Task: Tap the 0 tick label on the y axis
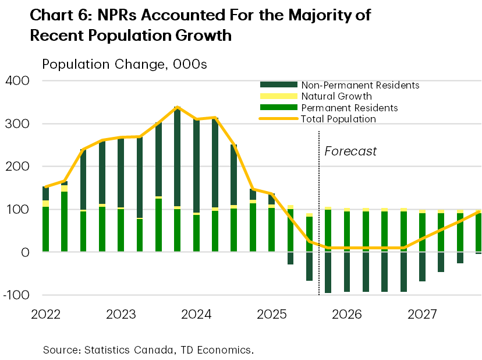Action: click(x=25, y=252)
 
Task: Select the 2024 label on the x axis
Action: click(x=196, y=315)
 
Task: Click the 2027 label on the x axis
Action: click(x=422, y=315)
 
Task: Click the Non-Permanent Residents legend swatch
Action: click(x=278, y=85)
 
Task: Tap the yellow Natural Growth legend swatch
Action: click(x=278, y=96)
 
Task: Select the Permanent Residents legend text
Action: click(x=349, y=108)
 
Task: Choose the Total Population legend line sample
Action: click(x=278, y=119)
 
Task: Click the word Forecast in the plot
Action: click(x=350, y=151)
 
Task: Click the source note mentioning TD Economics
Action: click(x=148, y=350)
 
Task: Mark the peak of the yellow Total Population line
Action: click(x=178, y=107)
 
